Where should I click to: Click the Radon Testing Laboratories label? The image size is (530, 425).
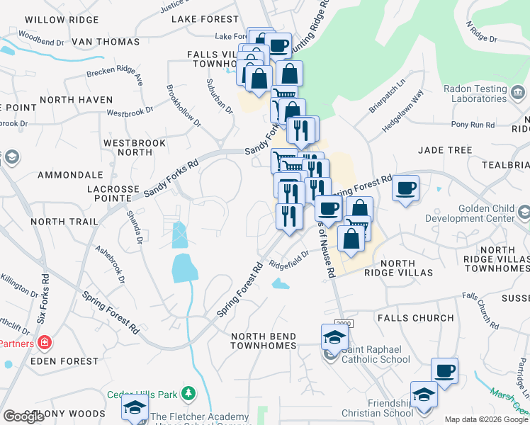tap(485, 94)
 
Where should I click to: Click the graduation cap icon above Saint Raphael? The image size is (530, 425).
tap(334, 336)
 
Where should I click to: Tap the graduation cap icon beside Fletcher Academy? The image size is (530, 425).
tap(135, 408)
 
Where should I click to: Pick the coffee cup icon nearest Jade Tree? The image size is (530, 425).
tap(405, 188)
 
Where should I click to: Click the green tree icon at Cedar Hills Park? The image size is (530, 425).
tap(188, 392)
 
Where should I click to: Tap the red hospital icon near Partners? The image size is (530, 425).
tap(45, 344)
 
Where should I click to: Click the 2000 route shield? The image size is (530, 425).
tap(343, 323)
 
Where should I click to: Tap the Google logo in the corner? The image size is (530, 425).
tap(24, 416)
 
